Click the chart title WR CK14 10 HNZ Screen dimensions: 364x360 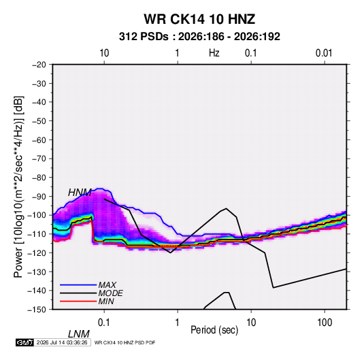199,19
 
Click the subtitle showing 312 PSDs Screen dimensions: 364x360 199,37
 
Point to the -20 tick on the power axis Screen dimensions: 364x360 39,65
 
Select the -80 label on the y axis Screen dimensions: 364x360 39,178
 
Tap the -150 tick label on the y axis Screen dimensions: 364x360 37,310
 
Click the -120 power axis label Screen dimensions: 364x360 37,252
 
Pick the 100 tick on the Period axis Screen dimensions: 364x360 325,323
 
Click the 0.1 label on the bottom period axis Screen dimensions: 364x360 104,323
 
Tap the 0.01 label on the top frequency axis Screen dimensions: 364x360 324,53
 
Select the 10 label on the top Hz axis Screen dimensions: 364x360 104,53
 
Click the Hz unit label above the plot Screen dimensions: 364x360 214,53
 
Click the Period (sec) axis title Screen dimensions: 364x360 214,330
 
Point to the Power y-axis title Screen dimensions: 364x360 18,187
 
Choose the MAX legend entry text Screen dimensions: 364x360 107,284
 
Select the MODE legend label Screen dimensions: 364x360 110,293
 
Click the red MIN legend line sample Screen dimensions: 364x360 78,301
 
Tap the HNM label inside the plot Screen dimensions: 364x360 80,193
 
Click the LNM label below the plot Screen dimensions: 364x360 79,334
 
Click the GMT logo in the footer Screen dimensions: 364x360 25,342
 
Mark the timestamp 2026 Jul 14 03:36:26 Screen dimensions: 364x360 62,342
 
